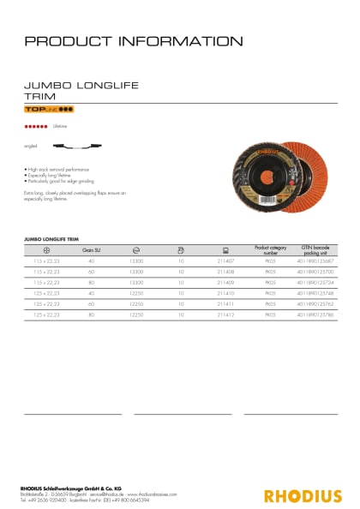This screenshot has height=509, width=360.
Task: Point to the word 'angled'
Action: point(31,147)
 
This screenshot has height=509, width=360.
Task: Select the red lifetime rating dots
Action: point(35,127)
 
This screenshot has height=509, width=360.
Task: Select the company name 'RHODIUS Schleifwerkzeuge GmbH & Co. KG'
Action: point(72,488)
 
